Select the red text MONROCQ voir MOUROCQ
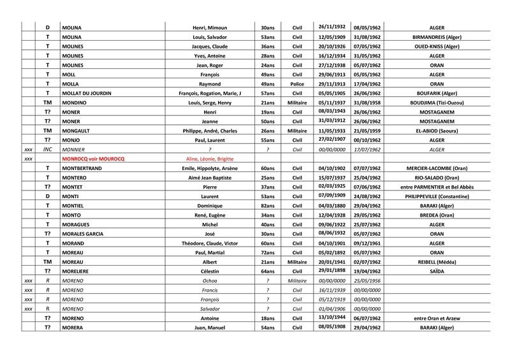pyautogui.click(x=92, y=158)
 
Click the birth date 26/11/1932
pyautogui.click(x=331, y=27)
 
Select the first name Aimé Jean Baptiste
pyautogui.click(x=205, y=177)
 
